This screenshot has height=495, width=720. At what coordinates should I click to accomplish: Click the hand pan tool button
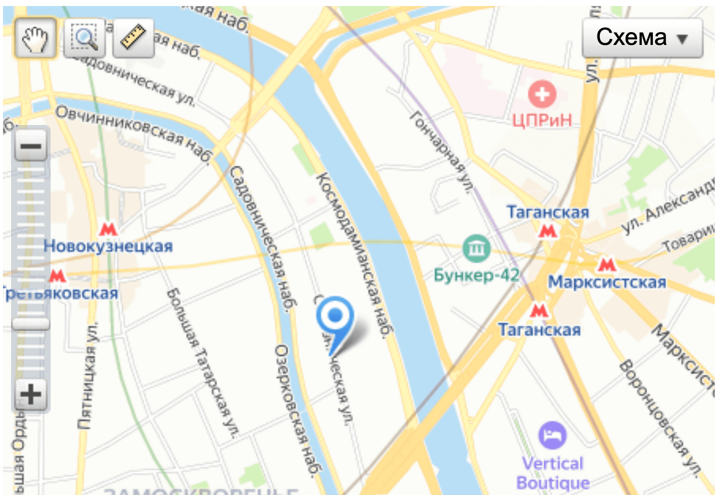(35, 38)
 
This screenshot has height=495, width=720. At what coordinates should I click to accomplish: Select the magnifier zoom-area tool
(85, 38)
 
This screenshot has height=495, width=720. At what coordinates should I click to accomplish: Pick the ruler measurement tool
(133, 38)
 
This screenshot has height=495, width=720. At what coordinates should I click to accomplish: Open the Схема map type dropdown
(642, 38)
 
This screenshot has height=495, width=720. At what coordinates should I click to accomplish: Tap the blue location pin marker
(335, 317)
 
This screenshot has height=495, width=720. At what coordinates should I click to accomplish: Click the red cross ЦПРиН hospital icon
(542, 94)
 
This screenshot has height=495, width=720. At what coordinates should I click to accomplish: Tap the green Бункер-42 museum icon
(476, 248)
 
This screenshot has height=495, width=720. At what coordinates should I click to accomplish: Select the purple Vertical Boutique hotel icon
(552, 435)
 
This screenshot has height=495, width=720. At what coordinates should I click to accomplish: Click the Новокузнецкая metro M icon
(108, 230)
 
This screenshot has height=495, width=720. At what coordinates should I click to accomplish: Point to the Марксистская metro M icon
(607, 264)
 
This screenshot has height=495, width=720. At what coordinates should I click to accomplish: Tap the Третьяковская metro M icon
(57, 275)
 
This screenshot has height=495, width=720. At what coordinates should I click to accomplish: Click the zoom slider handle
(30, 324)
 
